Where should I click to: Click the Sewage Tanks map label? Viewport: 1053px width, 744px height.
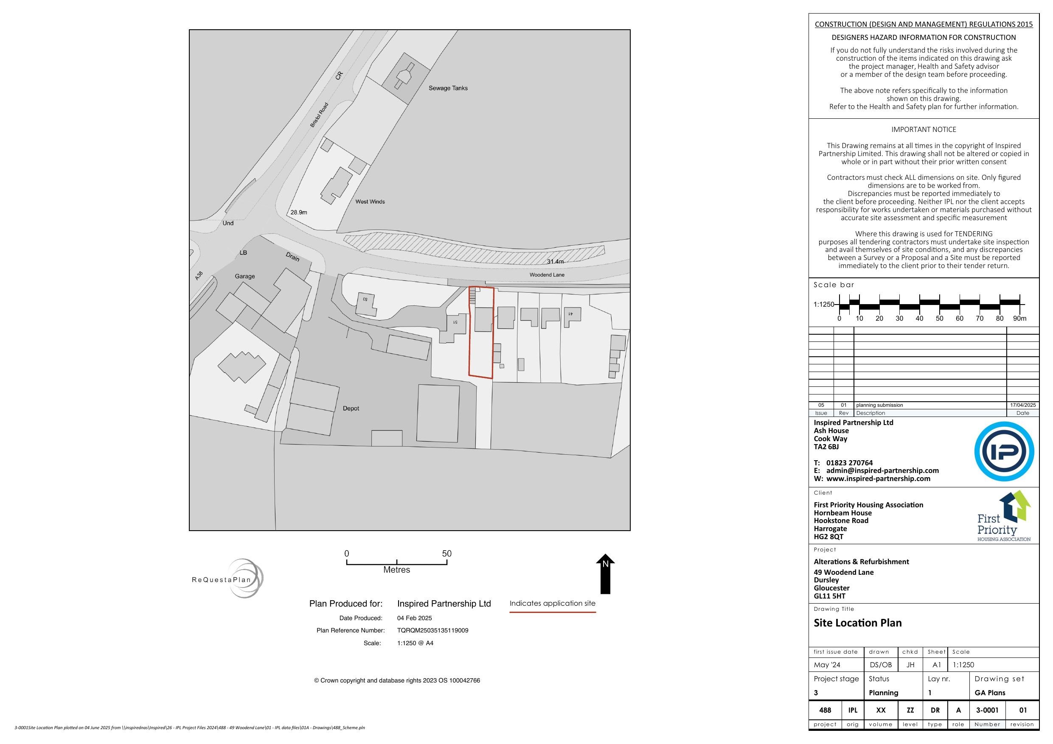(448, 88)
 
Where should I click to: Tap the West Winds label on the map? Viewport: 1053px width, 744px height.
(370, 202)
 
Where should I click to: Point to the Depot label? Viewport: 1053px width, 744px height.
(351, 408)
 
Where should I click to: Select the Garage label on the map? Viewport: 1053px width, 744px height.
(244, 277)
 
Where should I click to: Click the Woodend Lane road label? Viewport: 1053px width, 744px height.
(547, 275)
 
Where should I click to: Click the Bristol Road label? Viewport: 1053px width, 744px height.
(319, 115)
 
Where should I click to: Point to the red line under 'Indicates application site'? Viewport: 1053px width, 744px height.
(552, 612)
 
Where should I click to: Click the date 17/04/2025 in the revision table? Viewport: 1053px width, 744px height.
(1022, 405)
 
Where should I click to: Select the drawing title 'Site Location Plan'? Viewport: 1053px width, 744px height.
(857, 623)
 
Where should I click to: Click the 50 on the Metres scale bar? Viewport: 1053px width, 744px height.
(446, 554)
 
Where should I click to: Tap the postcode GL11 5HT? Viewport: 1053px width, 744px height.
(829, 596)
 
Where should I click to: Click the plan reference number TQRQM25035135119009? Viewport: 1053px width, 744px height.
(432, 630)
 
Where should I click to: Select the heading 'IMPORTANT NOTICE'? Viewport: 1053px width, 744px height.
(923, 130)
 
